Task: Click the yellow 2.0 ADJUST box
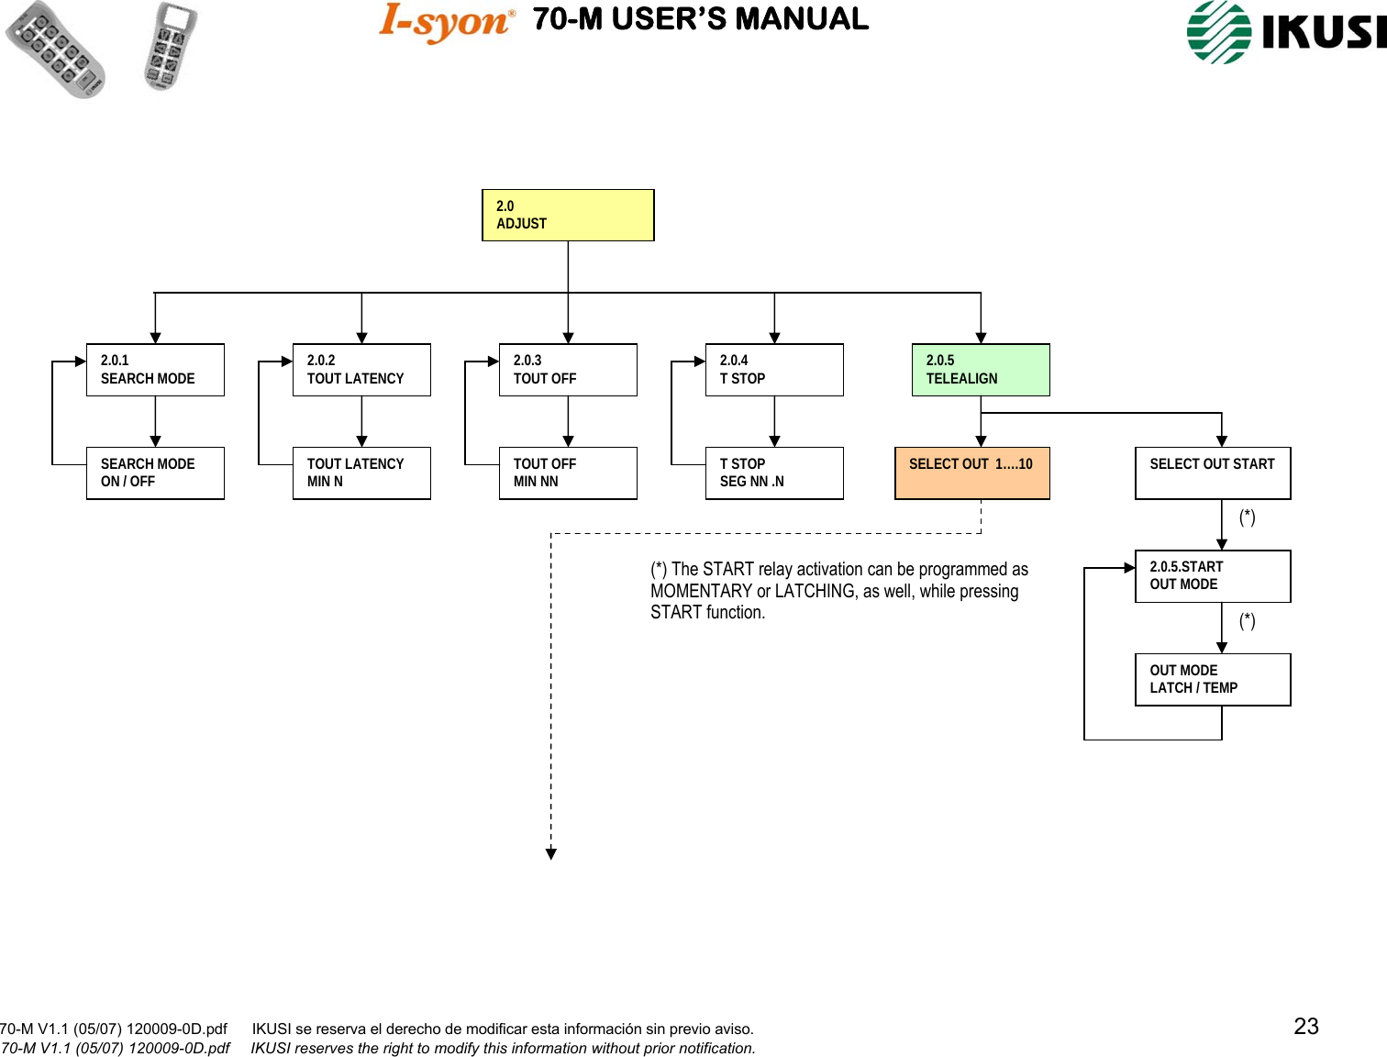coord(568,215)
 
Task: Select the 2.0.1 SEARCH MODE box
coord(155,370)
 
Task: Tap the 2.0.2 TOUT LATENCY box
coord(361,370)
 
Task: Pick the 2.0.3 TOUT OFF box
coord(568,370)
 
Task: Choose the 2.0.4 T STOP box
coord(774,370)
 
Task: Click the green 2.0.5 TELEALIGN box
coord(981,370)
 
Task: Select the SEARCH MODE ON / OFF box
coord(155,473)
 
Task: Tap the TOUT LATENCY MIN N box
coord(361,473)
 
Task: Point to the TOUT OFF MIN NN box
coord(568,473)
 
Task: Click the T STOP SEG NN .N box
coord(774,473)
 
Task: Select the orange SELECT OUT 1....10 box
coord(971,473)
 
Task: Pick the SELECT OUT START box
coord(1213,473)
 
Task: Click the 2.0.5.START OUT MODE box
coord(1213,576)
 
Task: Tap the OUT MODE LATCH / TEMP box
coord(1213,680)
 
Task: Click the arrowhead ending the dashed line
coord(551,854)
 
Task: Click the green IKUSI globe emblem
coord(1219,32)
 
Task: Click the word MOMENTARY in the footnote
coord(702,592)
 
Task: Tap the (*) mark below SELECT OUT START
coord(1247,518)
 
